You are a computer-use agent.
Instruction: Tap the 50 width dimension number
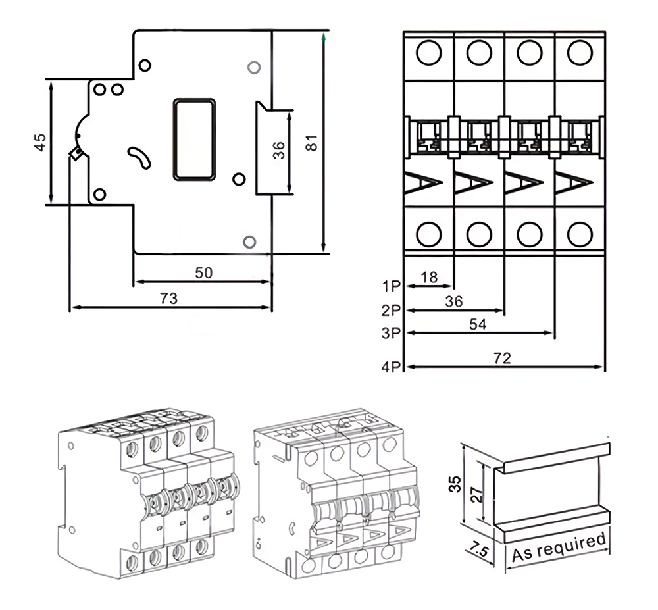(x=203, y=272)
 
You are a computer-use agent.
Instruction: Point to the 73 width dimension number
(x=169, y=298)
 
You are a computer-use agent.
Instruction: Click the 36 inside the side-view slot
(x=279, y=151)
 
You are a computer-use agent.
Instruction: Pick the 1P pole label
(x=391, y=286)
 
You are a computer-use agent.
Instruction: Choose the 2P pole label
(x=391, y=309)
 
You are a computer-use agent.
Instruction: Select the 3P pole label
(x=391, y=333)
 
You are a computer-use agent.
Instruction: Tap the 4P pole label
(x=391, y=367)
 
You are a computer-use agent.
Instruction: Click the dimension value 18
(x=429, y=277)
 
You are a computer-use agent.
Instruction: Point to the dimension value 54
(x=478, y=324)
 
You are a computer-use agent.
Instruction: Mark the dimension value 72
(x=503, y=358)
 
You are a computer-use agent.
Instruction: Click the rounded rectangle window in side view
(x=193, y=139)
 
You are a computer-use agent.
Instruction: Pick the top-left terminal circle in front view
(x=428, y=53)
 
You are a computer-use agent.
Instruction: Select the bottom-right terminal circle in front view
(x=580, y=234)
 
